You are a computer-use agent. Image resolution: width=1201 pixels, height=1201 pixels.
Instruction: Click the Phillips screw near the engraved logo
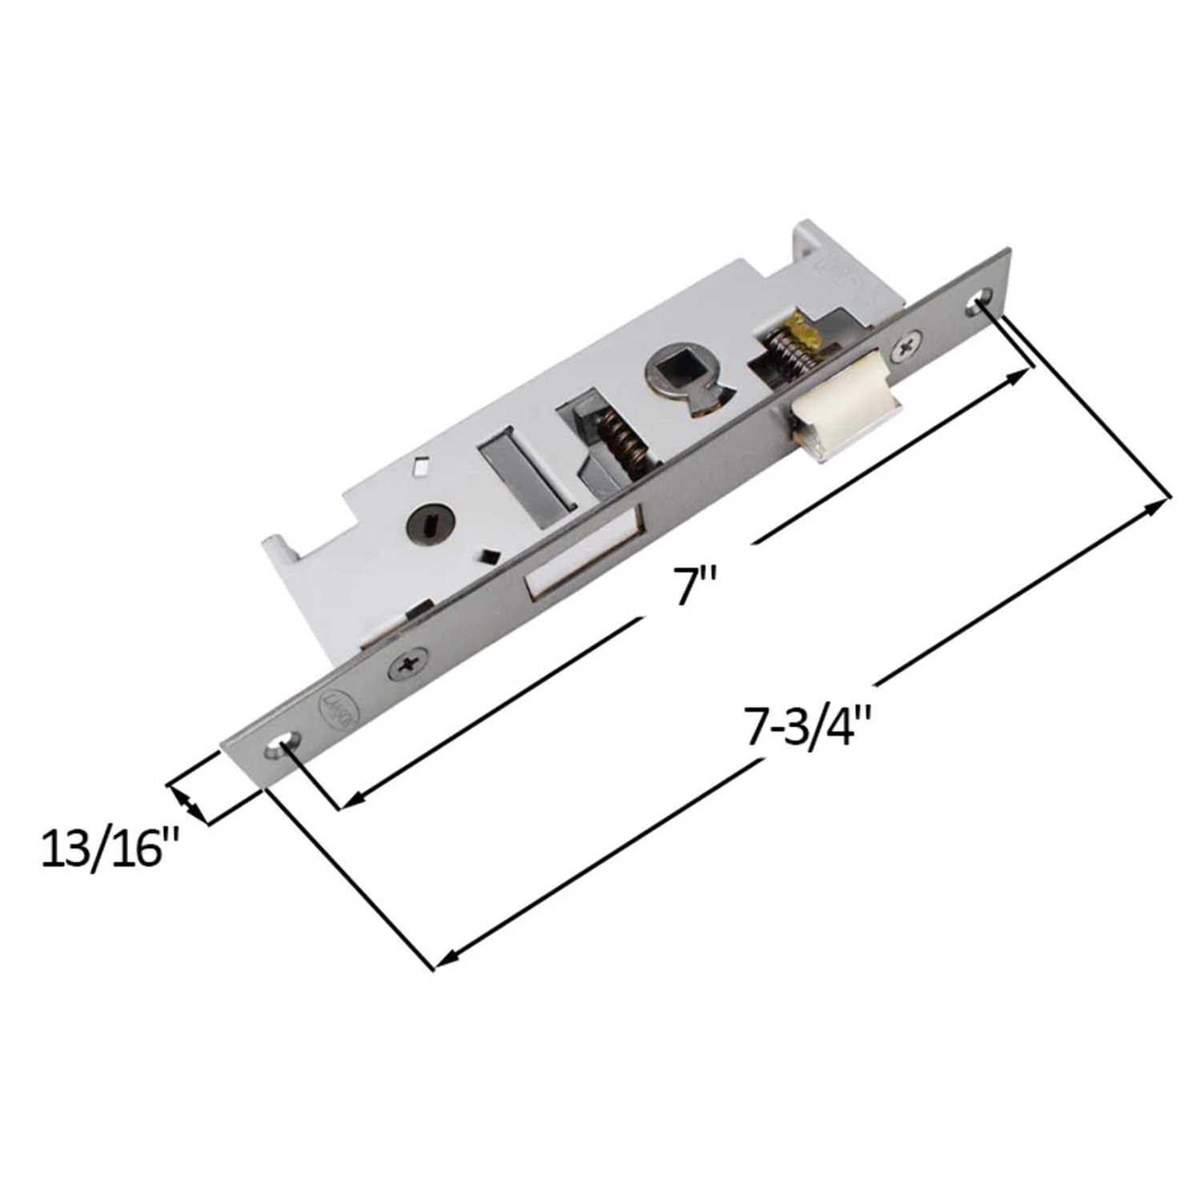pyautogui.click(x=408, y=664)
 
